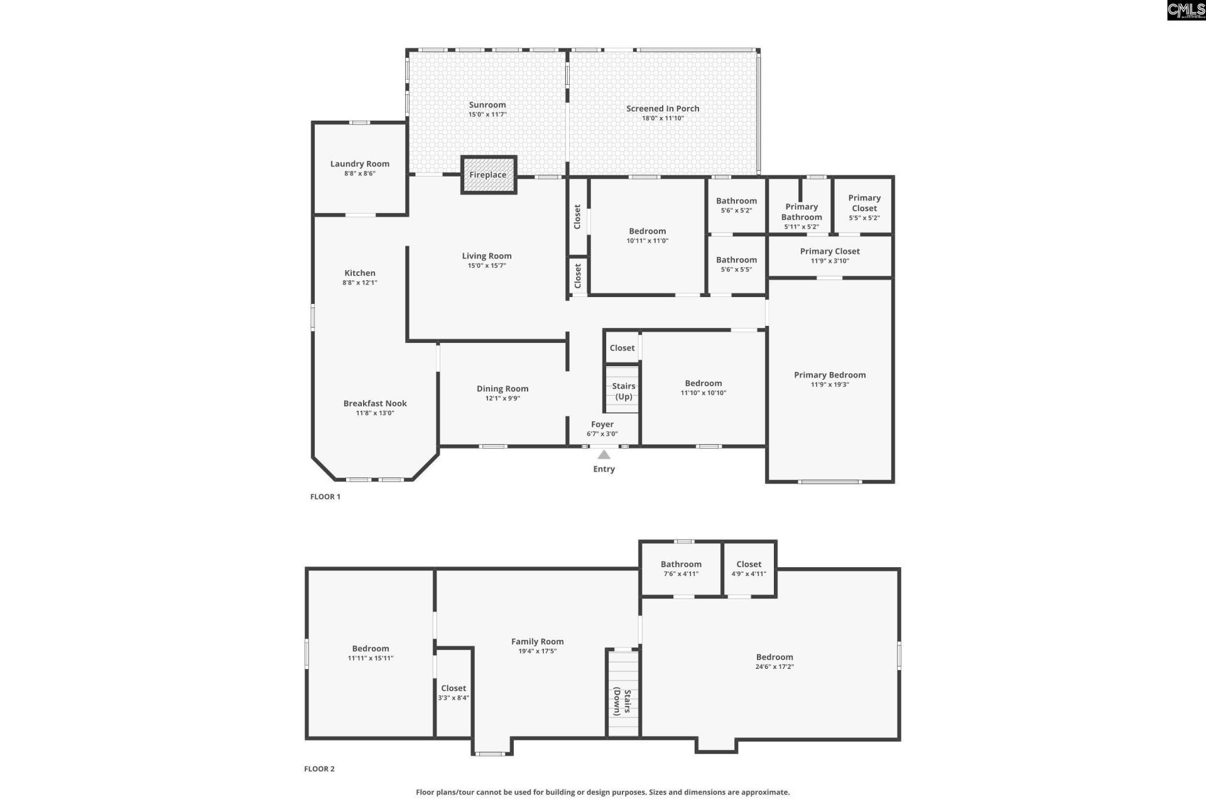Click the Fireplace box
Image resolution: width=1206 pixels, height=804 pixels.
[488, 175]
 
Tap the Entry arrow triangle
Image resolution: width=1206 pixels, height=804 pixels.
[604, 455]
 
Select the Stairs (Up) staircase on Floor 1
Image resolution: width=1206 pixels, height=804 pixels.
[622, 390]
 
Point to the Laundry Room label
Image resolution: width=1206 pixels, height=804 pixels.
[360, 164]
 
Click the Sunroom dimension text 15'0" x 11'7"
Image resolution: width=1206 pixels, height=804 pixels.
[487, 115]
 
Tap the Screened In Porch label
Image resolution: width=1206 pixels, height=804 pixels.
[663, 109]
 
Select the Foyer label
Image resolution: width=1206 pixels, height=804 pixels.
[602, 425]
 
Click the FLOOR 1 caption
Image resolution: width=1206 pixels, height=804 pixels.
[325, 497]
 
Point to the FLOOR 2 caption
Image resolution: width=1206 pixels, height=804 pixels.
[319, 769]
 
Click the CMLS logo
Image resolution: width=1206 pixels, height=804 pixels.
[1185, 9]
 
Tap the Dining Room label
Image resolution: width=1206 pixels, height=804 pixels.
[503, 389]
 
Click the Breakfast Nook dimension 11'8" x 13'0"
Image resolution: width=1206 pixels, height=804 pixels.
[375, 413]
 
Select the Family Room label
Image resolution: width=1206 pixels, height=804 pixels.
[537, 641]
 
